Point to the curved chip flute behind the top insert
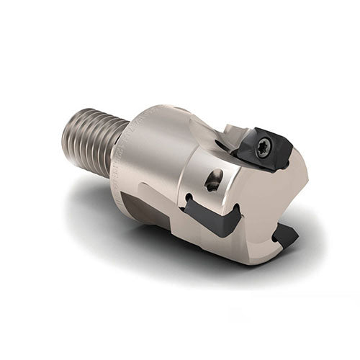[x=209, y=137]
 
